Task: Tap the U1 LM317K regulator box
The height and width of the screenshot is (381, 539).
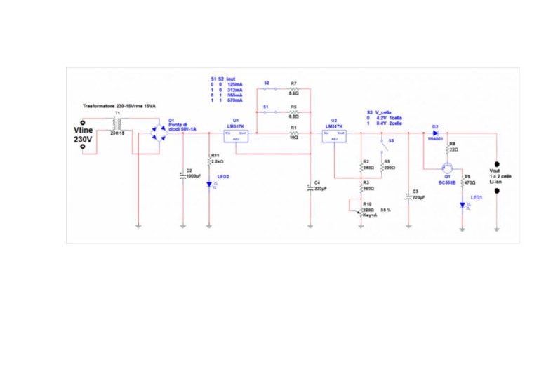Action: [x=236, y=135]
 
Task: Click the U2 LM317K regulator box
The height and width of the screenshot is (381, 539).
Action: [x=334, y=135]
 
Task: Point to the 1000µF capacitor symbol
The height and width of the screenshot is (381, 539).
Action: [x=182, y=173]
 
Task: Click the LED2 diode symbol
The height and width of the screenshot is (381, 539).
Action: [x=209, y=185]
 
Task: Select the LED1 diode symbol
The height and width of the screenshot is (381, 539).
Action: [x=462, y=206]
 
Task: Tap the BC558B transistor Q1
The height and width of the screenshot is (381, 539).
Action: [x=446, y=168]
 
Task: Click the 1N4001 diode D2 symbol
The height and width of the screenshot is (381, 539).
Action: [x=435, y=132]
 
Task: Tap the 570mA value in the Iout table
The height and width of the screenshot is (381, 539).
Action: [x=234, y=100]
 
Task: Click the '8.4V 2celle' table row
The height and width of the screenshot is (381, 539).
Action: [x=389, y=123]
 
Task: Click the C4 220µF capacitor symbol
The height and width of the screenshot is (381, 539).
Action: [x=310, y=187]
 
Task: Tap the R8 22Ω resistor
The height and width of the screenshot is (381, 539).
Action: [x=447, y=149]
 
